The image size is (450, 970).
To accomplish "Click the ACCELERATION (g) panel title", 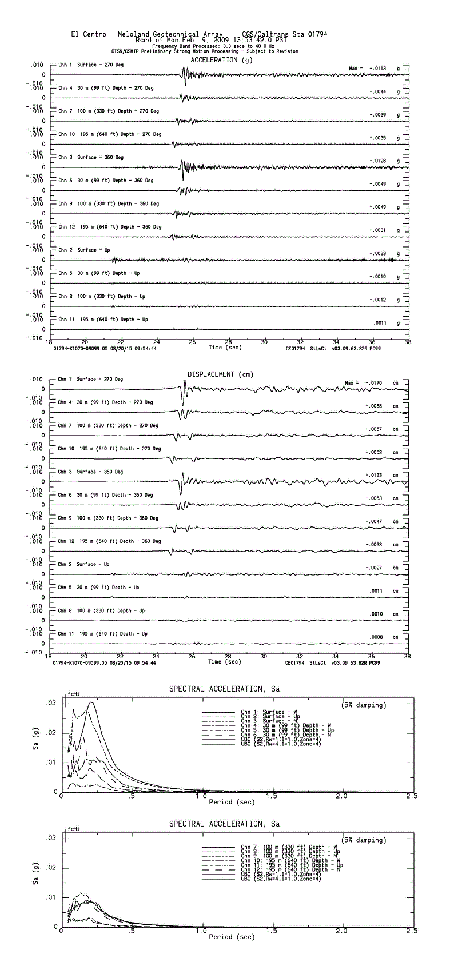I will point(221,60).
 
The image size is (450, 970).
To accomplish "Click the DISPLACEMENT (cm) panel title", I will point(220,374).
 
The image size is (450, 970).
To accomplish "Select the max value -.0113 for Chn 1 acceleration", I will point(377,69).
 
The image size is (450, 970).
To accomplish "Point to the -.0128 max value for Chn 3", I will point(377,161).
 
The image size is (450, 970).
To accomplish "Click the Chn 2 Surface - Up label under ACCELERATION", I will point(84,250).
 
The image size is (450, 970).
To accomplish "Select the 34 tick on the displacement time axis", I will point(336,657).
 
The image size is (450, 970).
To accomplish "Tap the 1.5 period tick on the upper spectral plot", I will point(272,796).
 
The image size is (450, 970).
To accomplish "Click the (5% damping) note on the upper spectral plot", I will point(364,705).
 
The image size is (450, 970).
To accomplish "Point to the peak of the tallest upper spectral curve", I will point(91,703).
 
